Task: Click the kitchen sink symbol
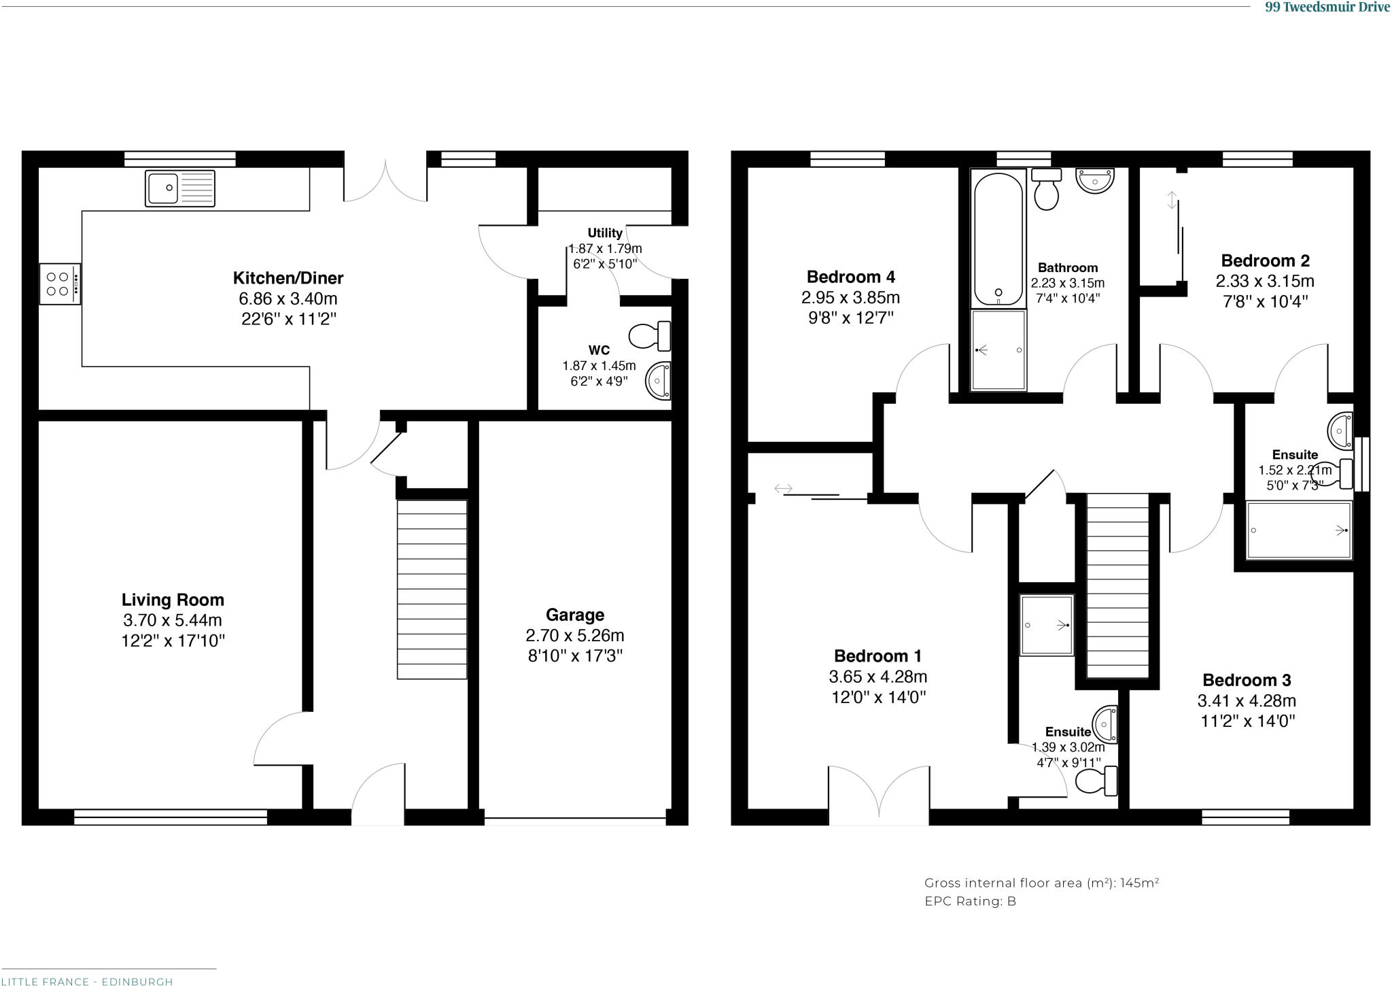tap(179, 188)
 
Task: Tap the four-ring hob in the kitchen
tap(59, 284)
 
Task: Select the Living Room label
tap(173, 600)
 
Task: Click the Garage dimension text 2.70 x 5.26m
tap(574, 635)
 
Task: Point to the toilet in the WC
tap(649, 335)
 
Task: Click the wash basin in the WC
tap(658, 380)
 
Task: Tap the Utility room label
tap(604, 233)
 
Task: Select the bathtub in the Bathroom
tap(998, 238)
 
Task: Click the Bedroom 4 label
tap(850, 277)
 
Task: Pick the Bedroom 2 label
tap(1265, 260)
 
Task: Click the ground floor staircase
tap(432, 589)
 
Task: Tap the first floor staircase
tap(1117, 585)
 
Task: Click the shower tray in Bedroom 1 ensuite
tap(1046, 625)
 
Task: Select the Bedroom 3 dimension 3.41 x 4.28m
tap(1246, 700)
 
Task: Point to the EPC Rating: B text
tap(970, 901)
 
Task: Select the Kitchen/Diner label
tap(288, 277)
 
